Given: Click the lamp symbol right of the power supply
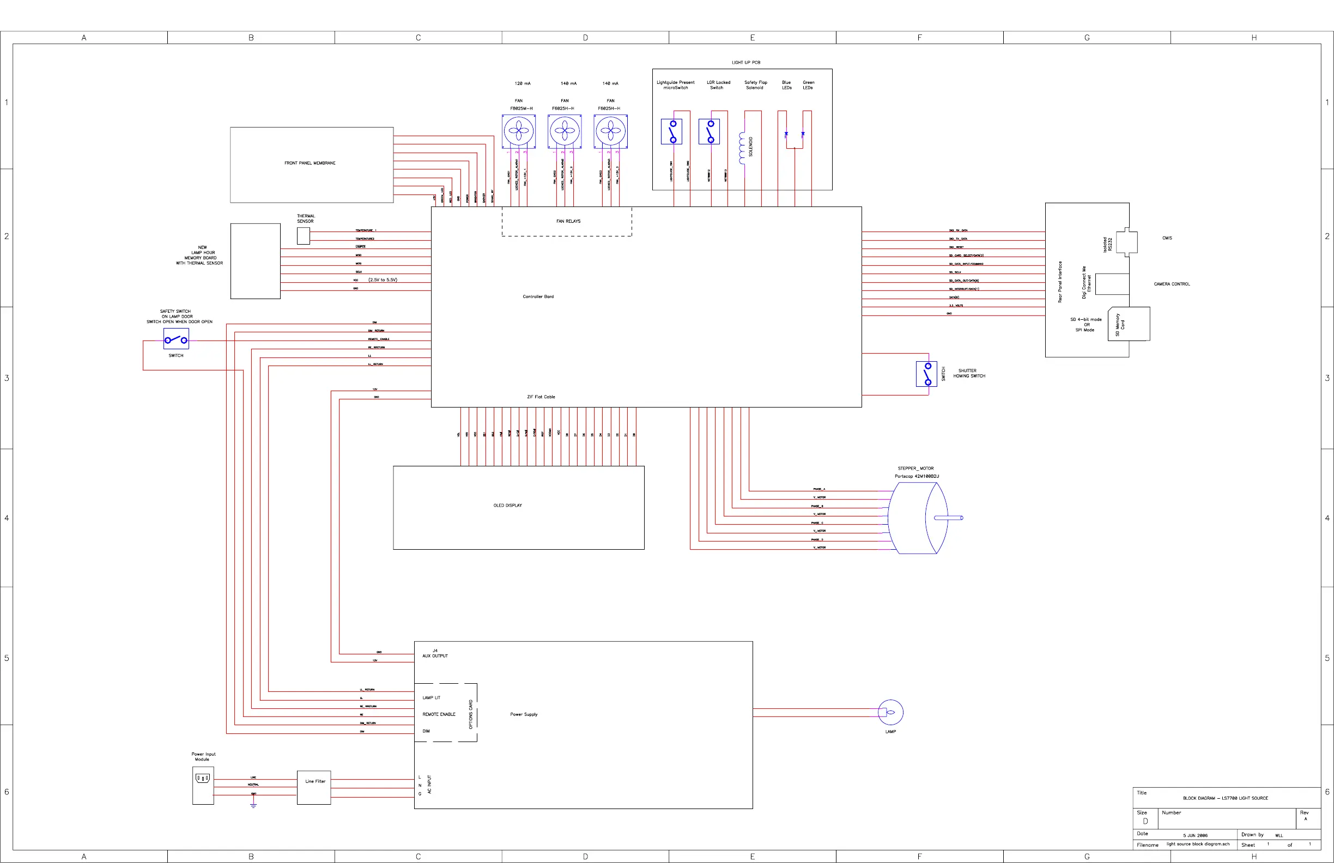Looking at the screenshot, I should pos(890,712).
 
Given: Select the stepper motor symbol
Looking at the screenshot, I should pos(919,518).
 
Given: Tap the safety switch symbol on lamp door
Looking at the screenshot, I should pos(176,339).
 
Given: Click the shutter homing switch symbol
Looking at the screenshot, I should pos(926,374).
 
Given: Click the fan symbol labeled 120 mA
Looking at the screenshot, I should pos(518,132).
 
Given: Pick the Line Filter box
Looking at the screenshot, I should pos(314,787).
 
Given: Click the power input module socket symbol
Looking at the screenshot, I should pos(202,779).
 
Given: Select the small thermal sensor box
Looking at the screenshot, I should pos(303,236).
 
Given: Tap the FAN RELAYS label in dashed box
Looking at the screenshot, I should pos(568,221).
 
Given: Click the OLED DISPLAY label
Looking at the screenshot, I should pos(507,506).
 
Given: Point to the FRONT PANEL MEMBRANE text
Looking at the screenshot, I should pos(310,163).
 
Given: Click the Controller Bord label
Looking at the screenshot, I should pos(538,296).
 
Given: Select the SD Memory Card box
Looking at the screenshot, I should pos(1129,324).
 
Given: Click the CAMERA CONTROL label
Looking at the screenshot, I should pos(1172,284).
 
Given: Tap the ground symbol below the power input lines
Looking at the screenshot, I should pos(253,805).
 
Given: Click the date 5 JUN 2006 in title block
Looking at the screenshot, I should pos(1195,836).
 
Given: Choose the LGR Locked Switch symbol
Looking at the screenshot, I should pos(709,132).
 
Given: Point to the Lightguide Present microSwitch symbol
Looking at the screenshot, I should pos(671,132).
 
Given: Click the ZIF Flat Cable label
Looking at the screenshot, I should pos(541,397).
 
